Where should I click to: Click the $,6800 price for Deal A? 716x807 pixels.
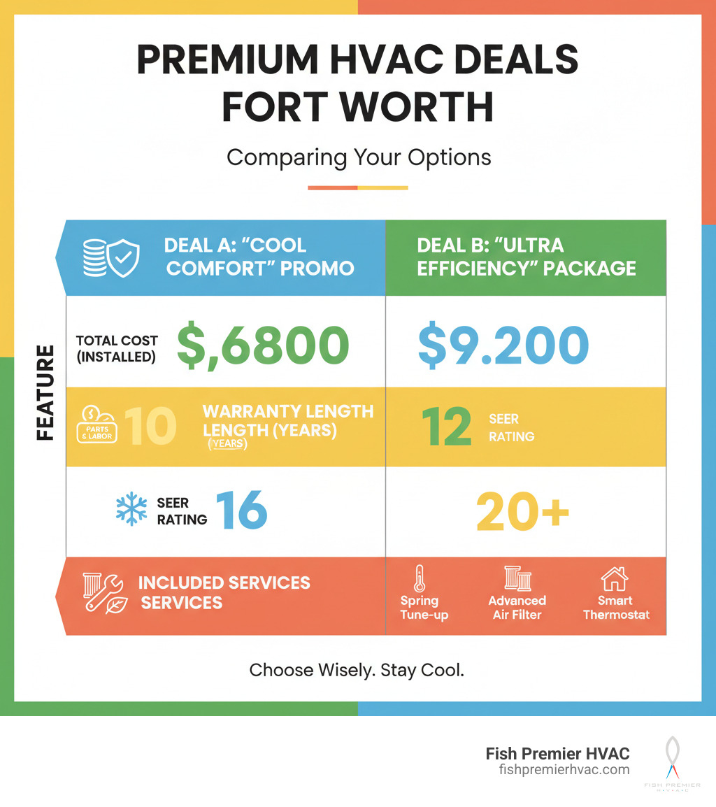(262, 345)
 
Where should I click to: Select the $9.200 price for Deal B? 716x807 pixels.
(503, 345)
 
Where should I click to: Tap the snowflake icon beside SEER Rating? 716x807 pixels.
(131, 510)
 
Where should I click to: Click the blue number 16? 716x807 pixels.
(241, 510)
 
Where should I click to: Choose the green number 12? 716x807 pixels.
(447, 427)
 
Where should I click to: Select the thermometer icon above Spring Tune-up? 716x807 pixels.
(420, 579)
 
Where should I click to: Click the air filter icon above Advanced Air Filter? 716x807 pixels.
(517, 579)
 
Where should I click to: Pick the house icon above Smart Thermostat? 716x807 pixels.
(615, 579)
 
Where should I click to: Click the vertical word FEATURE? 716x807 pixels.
(45, 392)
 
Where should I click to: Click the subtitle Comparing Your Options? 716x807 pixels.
(358, 157)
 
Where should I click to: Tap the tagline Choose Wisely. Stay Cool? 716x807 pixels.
(357, 670)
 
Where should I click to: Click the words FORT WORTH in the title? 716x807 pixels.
(358, 107)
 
